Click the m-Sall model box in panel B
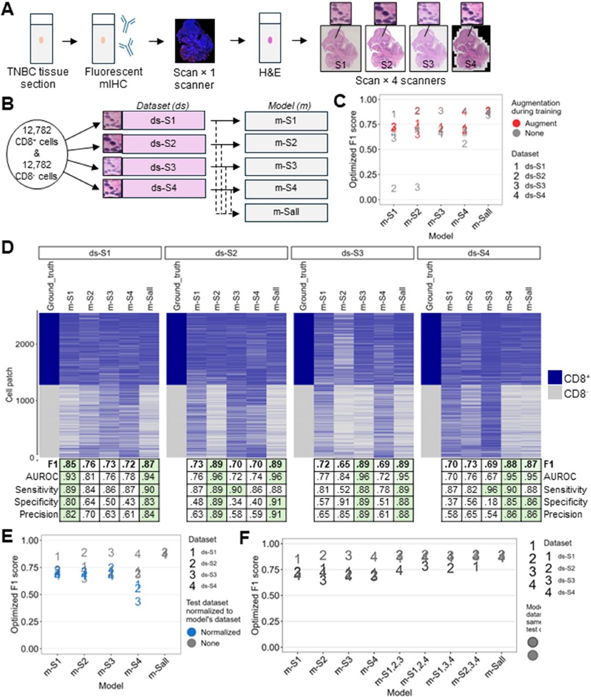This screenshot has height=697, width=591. pyautogui.click(x=286, y=212)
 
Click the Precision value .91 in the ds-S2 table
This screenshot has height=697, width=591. pyautogui.click(x=275, y=515)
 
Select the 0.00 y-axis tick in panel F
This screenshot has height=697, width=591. pyautogui.click(x=278, y=647)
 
